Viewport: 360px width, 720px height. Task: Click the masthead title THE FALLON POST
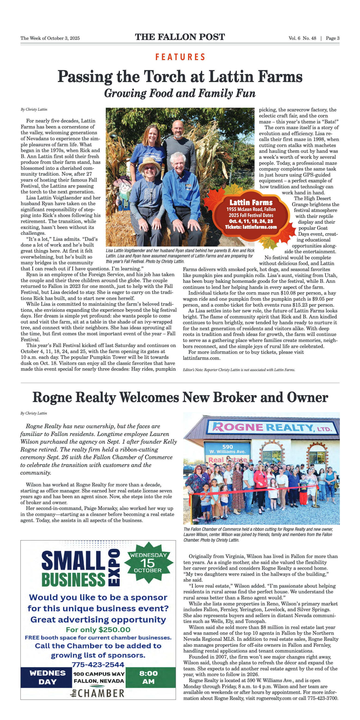pyautogui.click(x=180, y=37)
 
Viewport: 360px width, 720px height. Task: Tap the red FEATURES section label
pyautogui.click(x=180, y=57)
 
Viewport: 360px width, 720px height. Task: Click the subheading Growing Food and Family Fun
pyautogui.click(x=180, y=93)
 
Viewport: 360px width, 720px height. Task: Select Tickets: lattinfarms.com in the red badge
pyautogui.click(x=251, y=227)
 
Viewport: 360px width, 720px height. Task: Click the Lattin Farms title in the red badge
pyautogui.click(x=251, y=202)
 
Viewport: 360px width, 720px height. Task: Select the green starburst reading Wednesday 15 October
pyautogui.click(x=148, y=563)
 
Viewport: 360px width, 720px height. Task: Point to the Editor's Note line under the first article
pyautogui.click(x=239, y=370)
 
